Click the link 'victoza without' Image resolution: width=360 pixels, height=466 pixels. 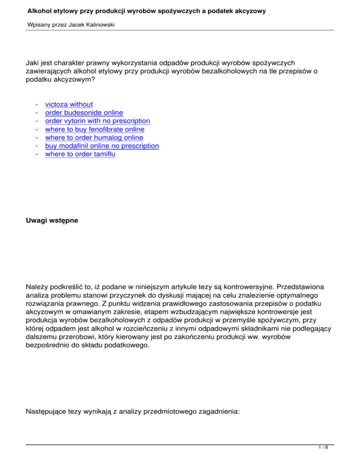(x=69, y=104)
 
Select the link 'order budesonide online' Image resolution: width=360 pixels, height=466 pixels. (x=84, y=113)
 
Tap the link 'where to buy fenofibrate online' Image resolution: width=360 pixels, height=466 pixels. (x=95, y=129)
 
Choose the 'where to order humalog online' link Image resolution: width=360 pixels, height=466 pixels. (x=94, y=137)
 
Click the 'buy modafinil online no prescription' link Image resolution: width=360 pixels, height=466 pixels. (x=102, y=146)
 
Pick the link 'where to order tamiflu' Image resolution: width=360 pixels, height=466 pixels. (x=80, y=154)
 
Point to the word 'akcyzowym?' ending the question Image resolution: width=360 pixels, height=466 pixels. (x=49, y=80)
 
